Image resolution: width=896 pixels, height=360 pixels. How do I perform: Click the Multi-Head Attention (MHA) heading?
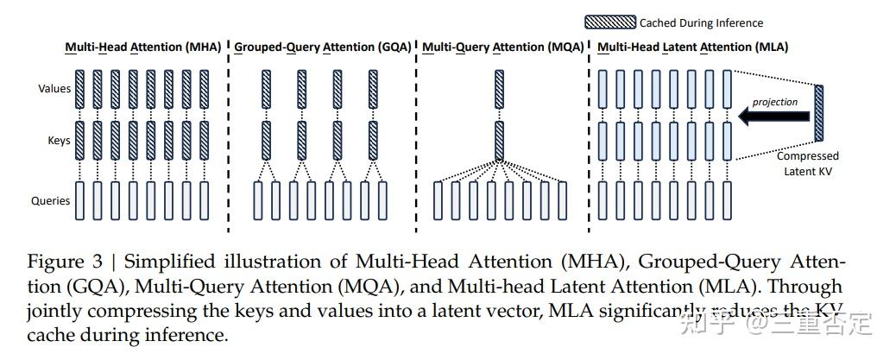click(143, 47)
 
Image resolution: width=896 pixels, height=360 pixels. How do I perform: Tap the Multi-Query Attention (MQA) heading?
click(492, 47)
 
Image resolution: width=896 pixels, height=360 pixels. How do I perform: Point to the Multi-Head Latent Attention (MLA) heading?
click(692, 47)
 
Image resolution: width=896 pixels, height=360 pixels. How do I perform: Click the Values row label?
click(54, 88)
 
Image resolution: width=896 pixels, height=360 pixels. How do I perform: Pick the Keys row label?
click(59, 139)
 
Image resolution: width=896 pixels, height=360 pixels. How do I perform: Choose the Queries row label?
click(50, 201)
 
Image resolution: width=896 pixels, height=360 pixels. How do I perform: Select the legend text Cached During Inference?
click(701, 22)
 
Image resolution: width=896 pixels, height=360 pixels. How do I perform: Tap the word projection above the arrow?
click(774, 102)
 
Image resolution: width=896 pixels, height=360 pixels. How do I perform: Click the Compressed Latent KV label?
click(807, 163)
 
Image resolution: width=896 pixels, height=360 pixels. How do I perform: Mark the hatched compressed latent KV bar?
click(818, 113)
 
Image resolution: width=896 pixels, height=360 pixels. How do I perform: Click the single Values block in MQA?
click(499, 89)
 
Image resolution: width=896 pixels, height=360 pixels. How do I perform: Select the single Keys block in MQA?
click(499, 140)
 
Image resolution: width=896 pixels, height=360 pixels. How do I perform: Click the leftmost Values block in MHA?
click(79, 88)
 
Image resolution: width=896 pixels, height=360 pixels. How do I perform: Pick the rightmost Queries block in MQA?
click(563, 200)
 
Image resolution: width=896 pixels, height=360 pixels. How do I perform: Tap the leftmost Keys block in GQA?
click(266, 140)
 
